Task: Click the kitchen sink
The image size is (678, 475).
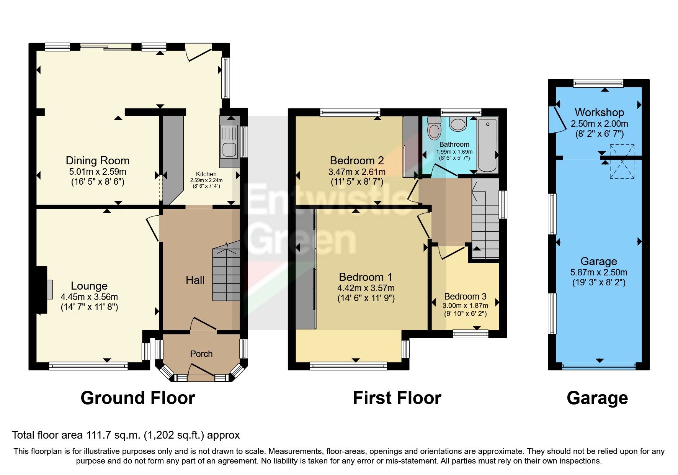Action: pyautogui.click(x=229, y=142)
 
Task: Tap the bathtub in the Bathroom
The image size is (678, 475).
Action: pyautogui.click(x=487, y=146)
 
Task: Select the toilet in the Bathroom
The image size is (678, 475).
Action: pyautogui.click(x=434, y=128)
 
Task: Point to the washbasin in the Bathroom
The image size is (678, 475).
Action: pyautogui.click(x=457, y=124)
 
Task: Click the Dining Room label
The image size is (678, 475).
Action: pyautogui.click(x=98, y=161)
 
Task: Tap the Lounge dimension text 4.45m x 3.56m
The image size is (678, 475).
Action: pyautogui.click(x=89, y=297)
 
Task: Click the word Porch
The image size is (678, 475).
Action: pyautogui.click(x=201, y=354)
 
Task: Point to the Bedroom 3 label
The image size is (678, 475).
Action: pyautogui.click(x=465, y=296)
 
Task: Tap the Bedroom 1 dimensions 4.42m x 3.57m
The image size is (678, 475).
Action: pyautogui.click(x=366, y=288)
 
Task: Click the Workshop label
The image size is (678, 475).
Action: pyautogui.click(x=599, y=112)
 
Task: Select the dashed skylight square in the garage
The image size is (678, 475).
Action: pyautogui.click(x=622, y=161)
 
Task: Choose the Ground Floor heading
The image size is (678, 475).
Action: pyautogui.click(x=138, y=398)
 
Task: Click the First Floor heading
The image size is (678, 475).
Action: pyautogui.click(x=397, y=398)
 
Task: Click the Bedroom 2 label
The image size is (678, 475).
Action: pyautogui.click(x=357, y=161)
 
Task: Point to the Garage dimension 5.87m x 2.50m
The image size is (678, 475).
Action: pyautogui.click(x=599, y=273)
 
